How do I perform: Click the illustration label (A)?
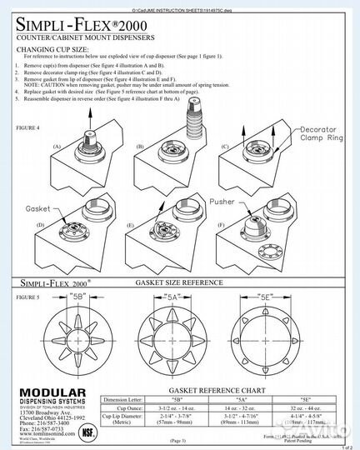tap(57, 146)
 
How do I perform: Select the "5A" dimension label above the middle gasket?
tap(172, 297)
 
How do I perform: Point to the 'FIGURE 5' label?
tap(29, 296)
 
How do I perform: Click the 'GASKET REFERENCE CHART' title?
tap(217, 390)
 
